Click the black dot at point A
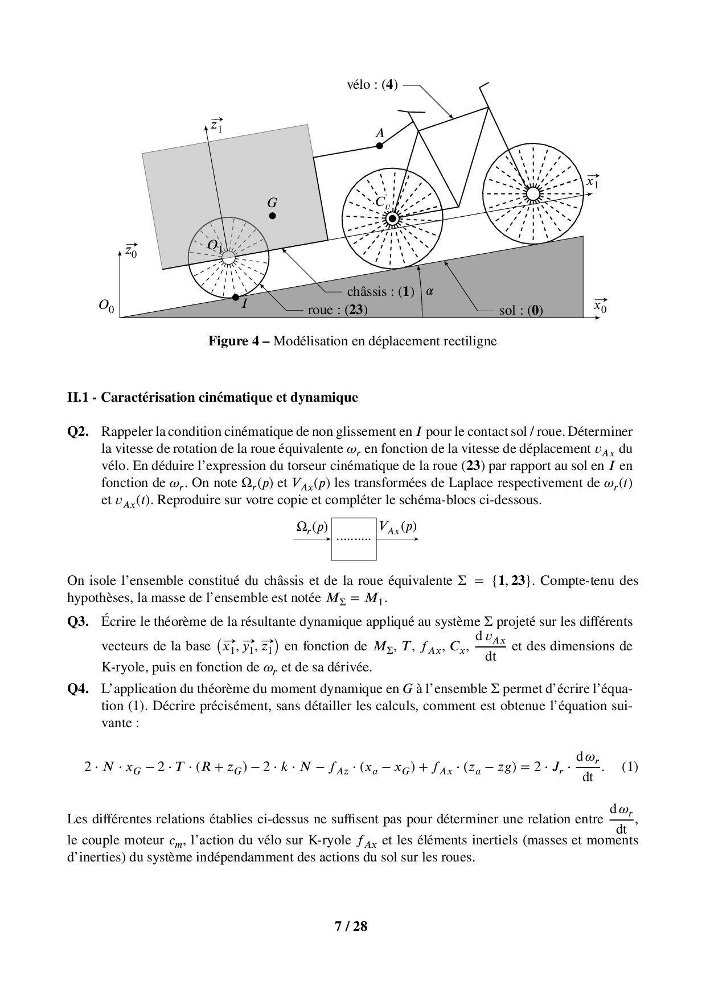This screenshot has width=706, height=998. pyautogui.click(x=380, y=146)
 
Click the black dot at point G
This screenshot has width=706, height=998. pyautogui.click(x=273, y=216)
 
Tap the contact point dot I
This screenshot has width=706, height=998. pyautogui.click(x=236, y=297)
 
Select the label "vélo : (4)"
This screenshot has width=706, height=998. pyautogui.click(x=372, y=85)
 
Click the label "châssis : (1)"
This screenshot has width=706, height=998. pyautogui.click(x=380, y=292)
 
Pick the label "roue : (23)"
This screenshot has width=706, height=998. pyautogui.click(x=337, y=310)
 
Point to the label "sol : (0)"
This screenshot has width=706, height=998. pyautogui.click(x=521, y=310)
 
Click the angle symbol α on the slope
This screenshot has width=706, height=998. pyautogui.click(x=430, y=291)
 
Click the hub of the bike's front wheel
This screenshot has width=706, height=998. pyautogui.click(x=532, y=194)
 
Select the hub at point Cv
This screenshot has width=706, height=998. pyautogui.click(x=392, y=218)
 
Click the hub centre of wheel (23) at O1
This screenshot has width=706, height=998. pyautogui.click(x=228, y=258)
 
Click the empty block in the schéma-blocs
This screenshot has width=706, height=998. pyautogui.click(x=354, y=538)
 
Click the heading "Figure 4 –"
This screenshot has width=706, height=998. pyautogui.click(x=239, y=341)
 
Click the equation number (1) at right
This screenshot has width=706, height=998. pyautogui.click(x=630, y=766)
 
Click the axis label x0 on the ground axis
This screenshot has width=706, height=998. pyautogui.click(x=600, y=306)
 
